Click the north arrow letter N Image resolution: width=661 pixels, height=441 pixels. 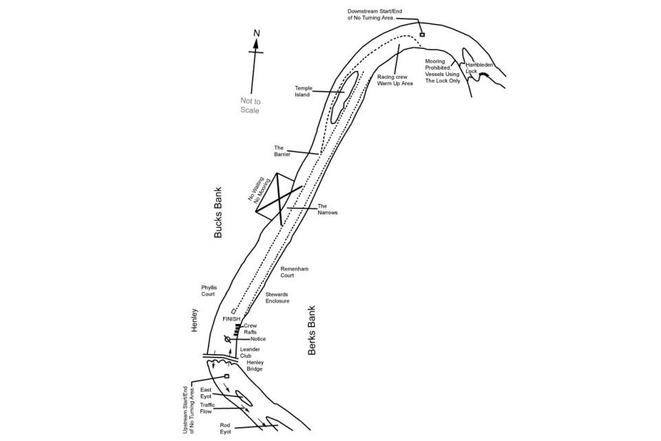tap(256, 32)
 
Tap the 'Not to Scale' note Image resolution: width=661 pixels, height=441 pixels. tap(250, 105)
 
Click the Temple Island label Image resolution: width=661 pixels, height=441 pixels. tap(304, 92)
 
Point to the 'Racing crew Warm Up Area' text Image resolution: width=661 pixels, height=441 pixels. tap(395, 80)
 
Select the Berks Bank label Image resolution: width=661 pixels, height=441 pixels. tap(311, 331)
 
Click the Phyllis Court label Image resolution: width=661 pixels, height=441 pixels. tap(209, 290)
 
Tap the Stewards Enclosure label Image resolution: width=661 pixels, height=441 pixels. tap(277, 298)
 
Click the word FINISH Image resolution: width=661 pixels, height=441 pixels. tap(231, 320)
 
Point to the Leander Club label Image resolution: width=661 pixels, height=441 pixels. tap(249, 353)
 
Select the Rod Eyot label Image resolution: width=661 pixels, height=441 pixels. tap(225, 429)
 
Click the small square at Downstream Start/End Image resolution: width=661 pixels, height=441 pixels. tap(422, 34)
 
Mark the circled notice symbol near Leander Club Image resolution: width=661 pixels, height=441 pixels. tap(228, 339)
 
